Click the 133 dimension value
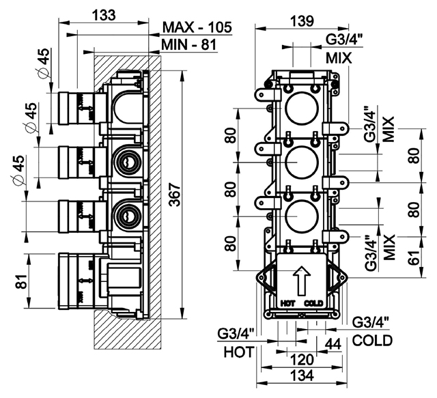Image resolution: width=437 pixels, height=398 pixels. coord(104,15)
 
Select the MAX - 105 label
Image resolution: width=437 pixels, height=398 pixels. coord(197,27)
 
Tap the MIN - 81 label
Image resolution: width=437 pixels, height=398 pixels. coord(189,44)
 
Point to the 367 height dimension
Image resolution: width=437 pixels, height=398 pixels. coord(175,195)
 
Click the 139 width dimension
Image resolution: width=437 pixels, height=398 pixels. coord(302,21)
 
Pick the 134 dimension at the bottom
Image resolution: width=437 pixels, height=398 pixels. coord(302,375)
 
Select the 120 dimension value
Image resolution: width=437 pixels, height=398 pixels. coord(302,360)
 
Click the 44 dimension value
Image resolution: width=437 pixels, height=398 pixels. coord(333,344)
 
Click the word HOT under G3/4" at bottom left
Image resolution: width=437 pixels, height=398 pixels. coord(240,352)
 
